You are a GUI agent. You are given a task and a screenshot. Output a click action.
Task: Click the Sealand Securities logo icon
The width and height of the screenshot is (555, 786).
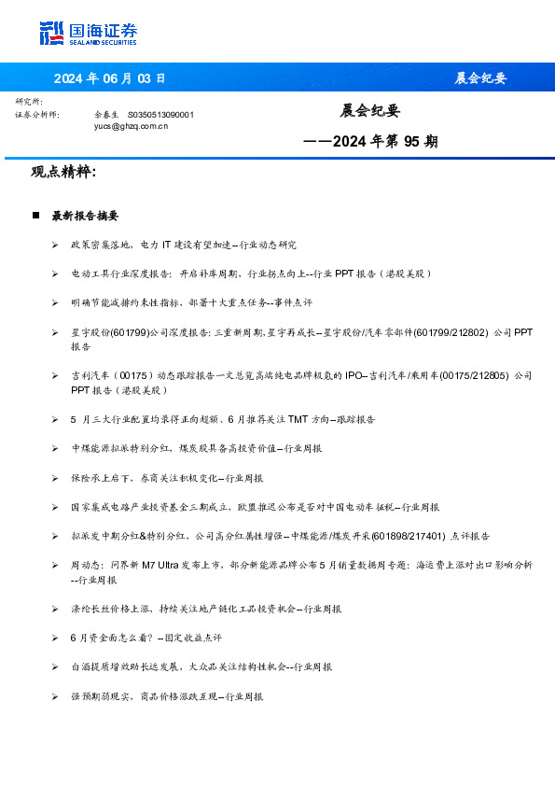[x=51, y=33]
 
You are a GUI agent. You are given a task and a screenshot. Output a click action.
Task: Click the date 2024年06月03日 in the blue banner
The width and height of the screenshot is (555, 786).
[x=109, y=78]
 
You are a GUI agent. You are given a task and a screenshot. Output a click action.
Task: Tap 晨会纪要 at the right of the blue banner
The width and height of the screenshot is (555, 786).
[x=480, y=78]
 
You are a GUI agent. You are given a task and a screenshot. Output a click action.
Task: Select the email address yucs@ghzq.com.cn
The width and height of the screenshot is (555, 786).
[x=132, y=125]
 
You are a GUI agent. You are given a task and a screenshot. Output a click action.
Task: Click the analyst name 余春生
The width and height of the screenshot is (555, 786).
[x=105, y=114]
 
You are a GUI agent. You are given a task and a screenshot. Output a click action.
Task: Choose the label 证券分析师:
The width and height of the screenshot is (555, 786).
[x=37, y=114]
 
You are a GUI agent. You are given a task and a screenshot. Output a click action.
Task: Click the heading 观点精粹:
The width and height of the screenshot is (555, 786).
[x=63, y=173]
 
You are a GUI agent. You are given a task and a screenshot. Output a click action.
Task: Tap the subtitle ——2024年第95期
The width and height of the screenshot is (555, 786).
[x=371, y=142]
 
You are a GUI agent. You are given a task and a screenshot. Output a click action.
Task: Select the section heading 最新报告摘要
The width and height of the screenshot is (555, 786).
[x=85, y=216]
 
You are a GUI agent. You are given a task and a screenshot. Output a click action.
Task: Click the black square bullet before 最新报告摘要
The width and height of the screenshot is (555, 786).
[x=35, y=216]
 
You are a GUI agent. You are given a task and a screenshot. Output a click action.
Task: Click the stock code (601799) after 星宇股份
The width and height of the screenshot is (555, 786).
[x=132, y=331]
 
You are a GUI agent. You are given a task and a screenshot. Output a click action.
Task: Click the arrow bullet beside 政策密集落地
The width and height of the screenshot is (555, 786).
[x=55, y=245]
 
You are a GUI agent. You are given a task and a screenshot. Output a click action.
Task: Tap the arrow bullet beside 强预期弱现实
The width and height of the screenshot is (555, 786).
[x=55, y=696]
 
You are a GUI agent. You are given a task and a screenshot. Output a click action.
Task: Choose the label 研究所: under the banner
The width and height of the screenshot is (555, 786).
[x=29, y=101]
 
